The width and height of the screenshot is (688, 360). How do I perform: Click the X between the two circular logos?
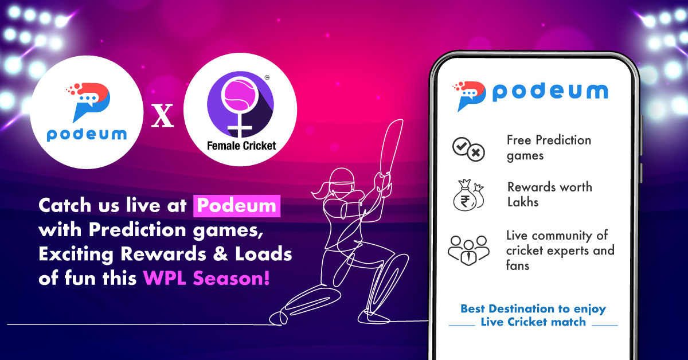162,119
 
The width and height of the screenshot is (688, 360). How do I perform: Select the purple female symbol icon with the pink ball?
240,107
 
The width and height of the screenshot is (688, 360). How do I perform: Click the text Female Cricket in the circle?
241,146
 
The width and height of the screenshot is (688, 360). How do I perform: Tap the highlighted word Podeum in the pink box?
236,206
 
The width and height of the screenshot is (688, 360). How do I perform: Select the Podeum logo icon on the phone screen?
469,95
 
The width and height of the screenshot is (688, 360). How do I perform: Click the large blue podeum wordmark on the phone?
549,92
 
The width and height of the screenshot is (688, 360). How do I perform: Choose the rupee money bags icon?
470,194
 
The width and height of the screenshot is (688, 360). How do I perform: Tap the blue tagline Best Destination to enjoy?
533,309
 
